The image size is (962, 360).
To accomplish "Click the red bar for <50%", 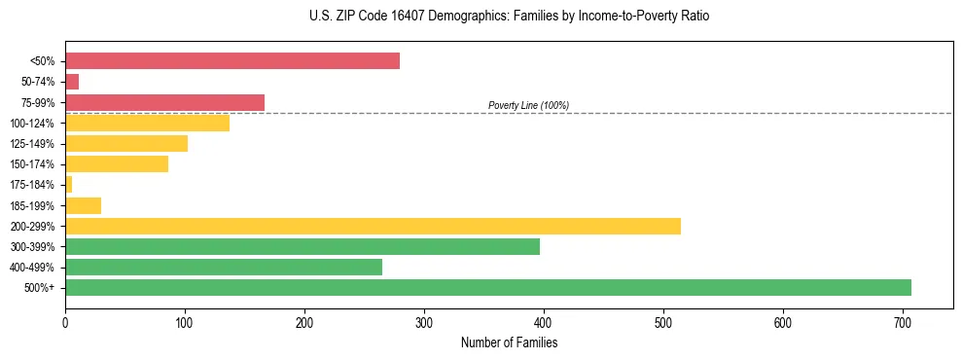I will [x=232, y=61].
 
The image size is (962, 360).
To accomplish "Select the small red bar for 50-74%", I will [x=72, y=82].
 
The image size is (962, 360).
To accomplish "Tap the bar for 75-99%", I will [x=164, y=102].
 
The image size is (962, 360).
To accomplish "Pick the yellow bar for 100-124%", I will [x=147, y=123].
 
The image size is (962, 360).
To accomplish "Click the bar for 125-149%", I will [x=126, y=144].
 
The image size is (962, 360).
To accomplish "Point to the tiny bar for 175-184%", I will [x=68, y=185].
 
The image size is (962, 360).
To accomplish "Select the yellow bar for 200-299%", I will [x=373, y=226].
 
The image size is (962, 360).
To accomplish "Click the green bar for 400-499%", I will [x=224, y=267].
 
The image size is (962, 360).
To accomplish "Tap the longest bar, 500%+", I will [x=488, y=287].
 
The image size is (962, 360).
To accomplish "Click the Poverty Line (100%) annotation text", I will [x=528, y=105].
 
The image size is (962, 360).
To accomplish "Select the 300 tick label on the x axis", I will [x=424, y=321].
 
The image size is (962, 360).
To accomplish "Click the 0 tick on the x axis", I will [x=65, y=321].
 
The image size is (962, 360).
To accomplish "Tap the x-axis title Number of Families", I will [x=509, y=342].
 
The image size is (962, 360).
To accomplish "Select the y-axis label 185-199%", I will [x=32, y=205].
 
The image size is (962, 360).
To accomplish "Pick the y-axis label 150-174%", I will [x=32, y=164].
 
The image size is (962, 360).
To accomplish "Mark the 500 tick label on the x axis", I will [x=663, y=321].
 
